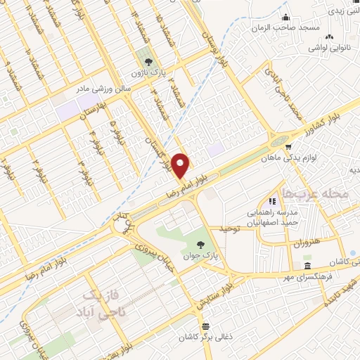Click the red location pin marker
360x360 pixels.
(x=181, y=166)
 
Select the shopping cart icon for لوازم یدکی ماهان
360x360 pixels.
(x=288, y=146)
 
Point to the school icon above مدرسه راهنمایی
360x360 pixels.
(x=272, y=201)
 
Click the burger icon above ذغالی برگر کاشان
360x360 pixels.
(x=205, y=327)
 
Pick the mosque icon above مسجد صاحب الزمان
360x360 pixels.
(x=285, y=18)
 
